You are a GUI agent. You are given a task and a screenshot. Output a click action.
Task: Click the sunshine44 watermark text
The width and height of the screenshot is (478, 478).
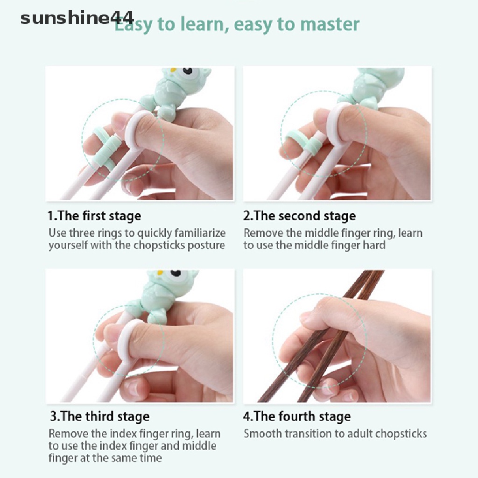pos(77,19)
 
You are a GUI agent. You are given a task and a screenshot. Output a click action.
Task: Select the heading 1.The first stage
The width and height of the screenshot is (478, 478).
pos(94,216)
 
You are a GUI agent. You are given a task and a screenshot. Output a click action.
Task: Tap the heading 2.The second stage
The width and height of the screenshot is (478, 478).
pos(300,216)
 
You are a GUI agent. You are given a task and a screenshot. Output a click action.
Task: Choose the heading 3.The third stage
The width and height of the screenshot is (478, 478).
pos(100,416)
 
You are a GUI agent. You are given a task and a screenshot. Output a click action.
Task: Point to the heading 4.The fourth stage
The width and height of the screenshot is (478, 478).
pos(297,416)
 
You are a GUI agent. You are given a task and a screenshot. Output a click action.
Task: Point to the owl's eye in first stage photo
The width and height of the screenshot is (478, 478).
pos(186,72)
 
